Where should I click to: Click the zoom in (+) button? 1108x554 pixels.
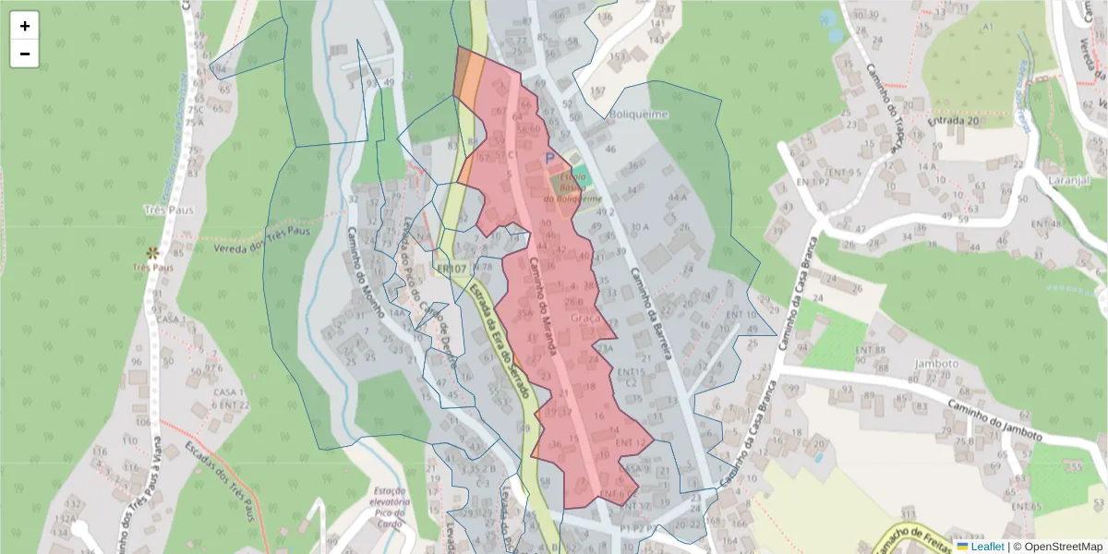pyautogui.click(x=25, y=26)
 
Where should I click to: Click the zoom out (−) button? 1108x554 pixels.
pyautogui.click(x=25, y=54)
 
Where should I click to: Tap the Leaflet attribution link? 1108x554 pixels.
pyautogui.click(x=987, y=546)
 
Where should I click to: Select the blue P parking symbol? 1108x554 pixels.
pyautogui.click(x=551, y=159)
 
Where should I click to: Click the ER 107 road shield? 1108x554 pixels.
pyautogui.click(x=452, y=269)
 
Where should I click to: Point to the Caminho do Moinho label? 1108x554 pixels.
pyautogui.click(x=365, y=275)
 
